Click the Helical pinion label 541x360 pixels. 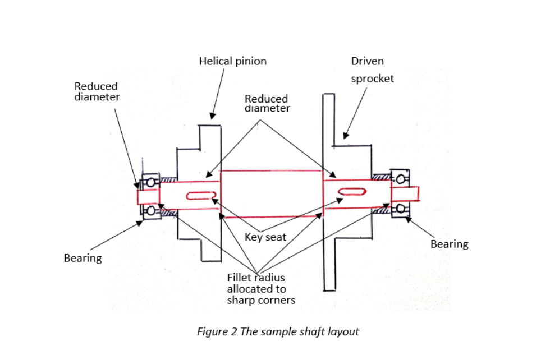point(232,61)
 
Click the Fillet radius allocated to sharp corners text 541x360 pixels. point(260,289)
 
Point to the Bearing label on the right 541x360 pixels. point(449,244)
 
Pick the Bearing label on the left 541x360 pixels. point(82,258)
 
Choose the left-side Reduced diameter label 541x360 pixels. point(97,91)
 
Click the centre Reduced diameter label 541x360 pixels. point(267,104)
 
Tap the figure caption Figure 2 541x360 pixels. point(277,331)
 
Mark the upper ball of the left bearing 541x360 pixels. point(150,182)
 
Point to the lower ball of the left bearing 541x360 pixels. point(150,211)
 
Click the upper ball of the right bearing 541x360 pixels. point(400,179)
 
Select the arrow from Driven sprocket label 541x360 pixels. point(356,112)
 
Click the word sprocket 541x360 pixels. point(372,79)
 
